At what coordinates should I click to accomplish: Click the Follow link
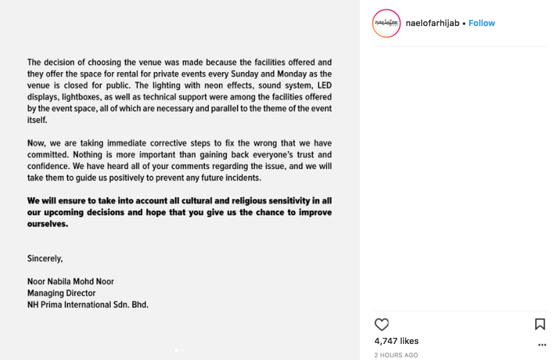coord(481,23)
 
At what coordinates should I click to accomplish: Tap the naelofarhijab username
coord(433,23)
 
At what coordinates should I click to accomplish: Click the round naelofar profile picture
coord(386,23)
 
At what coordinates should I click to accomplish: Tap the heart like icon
coord(382,325)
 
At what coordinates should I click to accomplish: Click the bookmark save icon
coord(540,325)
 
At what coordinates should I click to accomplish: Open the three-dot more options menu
coord(542,345)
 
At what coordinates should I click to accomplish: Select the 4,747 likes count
coord(396,341)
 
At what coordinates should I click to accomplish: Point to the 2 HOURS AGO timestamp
coord(396,355)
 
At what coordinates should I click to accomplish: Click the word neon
coord(198,85)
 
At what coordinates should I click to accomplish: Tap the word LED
coord(323,85)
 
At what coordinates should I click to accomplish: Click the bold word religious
coord(221,200)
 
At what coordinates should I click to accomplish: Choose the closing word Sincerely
coord(45,258)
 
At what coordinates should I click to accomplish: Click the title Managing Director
coord(61,293)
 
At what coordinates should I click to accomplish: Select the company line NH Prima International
coord(87,305)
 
